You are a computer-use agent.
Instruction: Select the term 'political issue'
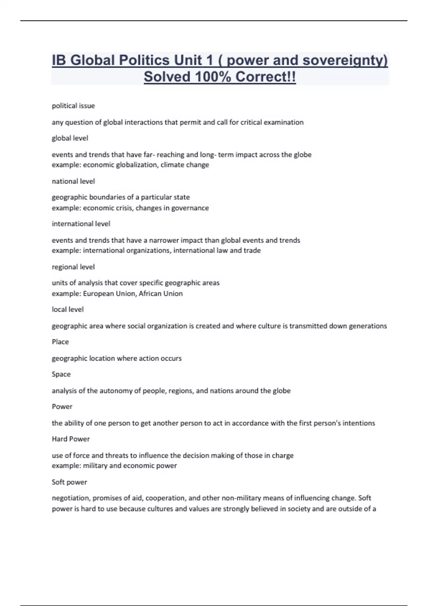(x=73, y=106)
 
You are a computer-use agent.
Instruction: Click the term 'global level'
(x=70, y=138)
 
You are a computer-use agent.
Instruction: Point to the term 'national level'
(x=73, y=181)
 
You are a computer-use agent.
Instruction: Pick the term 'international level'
(x=81, y=224)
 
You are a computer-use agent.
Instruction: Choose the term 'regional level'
(x=73, y=267)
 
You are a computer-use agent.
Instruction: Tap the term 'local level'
(x=68, y=309)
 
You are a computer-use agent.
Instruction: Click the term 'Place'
(x=60, y=342)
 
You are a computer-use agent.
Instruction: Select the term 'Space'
(x=61, y=374)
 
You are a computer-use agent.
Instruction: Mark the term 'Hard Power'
(x=71, y=439)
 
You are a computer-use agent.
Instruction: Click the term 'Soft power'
(x=69, y=482)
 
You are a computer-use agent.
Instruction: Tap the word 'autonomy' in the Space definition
(x=116, y=391)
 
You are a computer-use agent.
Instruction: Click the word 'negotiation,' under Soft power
(x=70, y=498)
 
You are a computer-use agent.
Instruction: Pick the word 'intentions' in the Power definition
(x=358, y=423)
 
